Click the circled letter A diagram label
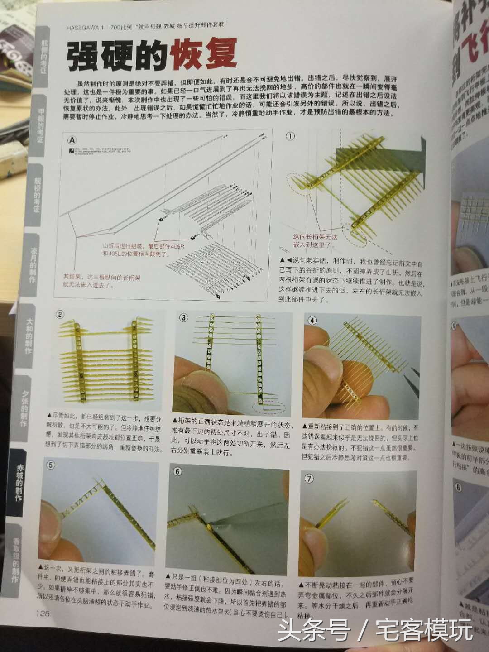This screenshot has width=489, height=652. point(72,140)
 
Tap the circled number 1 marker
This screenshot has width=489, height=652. point(290,136)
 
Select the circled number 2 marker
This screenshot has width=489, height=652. point(60,315)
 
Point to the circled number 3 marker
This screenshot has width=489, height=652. point(183,317)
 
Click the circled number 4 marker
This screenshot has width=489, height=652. point(312,320)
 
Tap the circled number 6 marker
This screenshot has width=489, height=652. point(177,471)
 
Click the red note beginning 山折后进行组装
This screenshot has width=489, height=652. point(136,250)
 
